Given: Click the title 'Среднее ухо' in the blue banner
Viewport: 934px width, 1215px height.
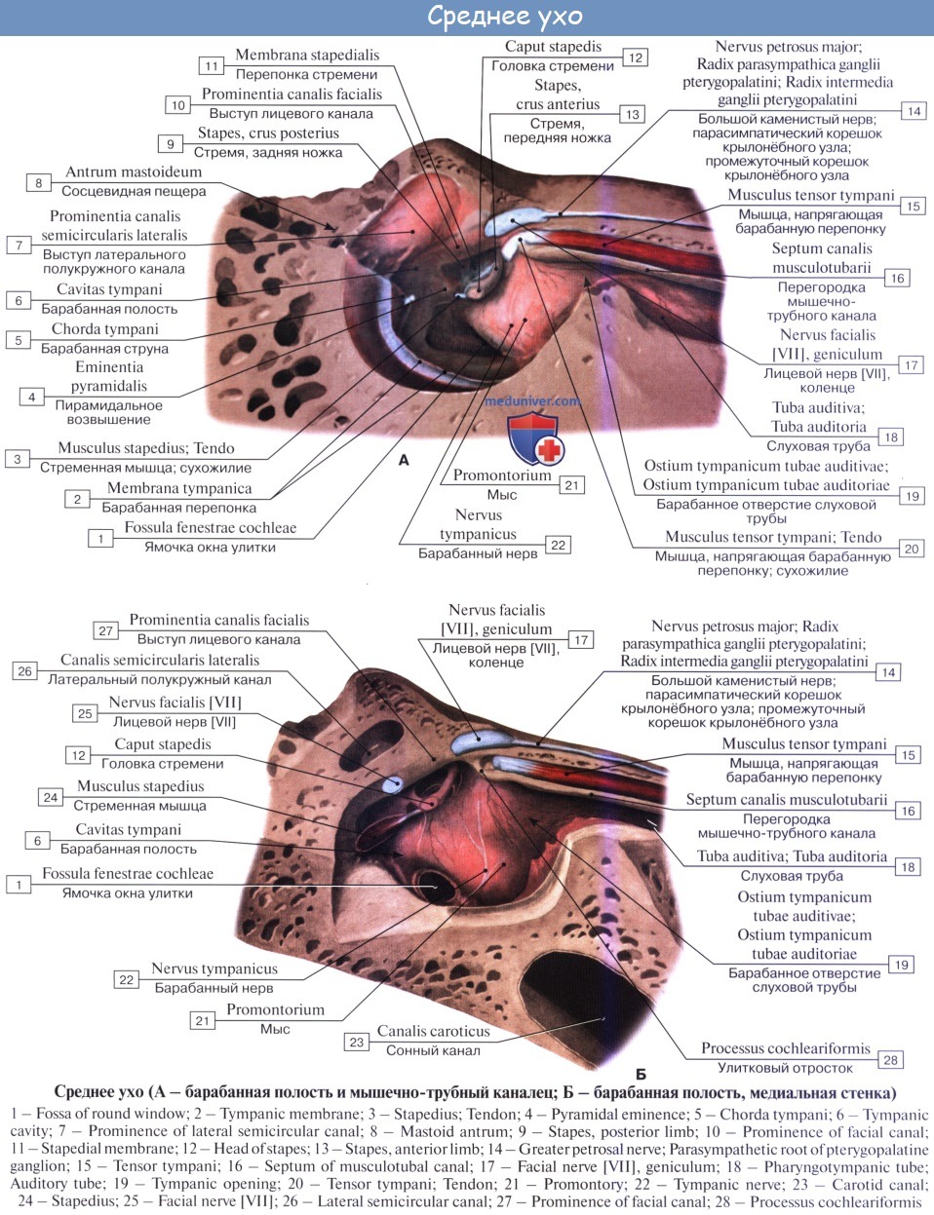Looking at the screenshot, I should click(505, 17).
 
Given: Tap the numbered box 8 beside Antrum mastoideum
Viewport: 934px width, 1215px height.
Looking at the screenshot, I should click(39, 182).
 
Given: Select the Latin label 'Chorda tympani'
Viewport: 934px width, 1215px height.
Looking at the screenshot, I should click(105, 329).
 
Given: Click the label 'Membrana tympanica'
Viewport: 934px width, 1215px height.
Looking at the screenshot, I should click(179, 488).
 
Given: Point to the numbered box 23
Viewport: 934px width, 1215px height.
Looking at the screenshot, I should click(357, 1042).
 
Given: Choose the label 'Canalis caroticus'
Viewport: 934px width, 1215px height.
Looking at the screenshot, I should click(434, 1031).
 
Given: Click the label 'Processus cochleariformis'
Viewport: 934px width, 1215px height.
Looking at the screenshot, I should click(786, 1048).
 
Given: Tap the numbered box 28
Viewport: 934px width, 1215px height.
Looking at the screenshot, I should click(890, 1059).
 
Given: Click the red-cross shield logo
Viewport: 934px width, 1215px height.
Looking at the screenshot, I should click(533, 437).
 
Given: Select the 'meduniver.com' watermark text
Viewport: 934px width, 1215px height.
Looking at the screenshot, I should click(533, 400).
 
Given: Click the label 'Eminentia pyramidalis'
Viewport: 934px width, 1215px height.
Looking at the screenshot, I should click(109, 376).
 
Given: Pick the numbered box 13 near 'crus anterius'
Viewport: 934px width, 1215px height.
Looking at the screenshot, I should click(633, 114).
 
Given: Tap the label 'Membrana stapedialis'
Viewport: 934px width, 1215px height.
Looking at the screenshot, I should click(307, 56).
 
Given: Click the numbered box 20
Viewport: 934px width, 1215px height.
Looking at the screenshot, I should click(912, 549).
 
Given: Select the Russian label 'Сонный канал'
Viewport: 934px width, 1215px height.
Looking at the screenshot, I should click(433, 1050).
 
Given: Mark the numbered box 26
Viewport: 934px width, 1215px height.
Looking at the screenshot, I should click(25, 670).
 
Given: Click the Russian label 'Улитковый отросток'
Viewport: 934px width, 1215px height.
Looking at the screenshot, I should click(784, 1068).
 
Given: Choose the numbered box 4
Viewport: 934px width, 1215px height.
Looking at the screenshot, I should click(32, 397).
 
